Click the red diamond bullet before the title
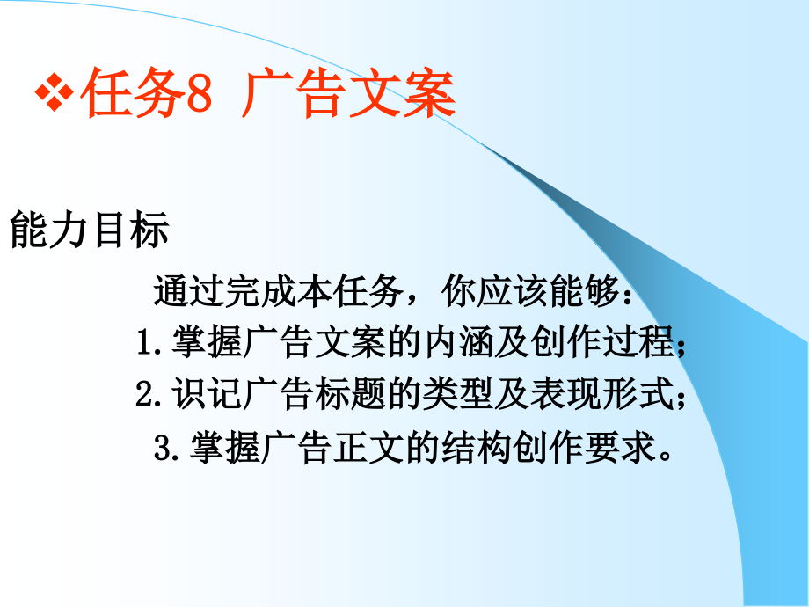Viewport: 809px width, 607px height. point(54,93)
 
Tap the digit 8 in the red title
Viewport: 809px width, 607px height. point(199,94)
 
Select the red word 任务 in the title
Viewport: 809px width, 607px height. point(133,93)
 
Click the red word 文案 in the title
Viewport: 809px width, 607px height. point(403,93)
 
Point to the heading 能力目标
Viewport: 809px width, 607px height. point(90,230)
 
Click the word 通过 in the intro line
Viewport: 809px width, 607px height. point(189,291)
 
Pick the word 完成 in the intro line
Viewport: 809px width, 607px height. point(260,291)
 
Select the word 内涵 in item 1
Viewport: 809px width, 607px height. point(459,341)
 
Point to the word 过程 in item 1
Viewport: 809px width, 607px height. point(638,341)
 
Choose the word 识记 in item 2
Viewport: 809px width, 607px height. point(207,394)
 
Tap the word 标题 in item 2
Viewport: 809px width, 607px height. point(350,394)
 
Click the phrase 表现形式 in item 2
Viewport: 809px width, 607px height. point(602,394)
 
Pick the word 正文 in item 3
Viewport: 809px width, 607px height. point(368,447)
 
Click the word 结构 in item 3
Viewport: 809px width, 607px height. point(477,447)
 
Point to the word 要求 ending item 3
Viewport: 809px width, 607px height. point(620,447)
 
